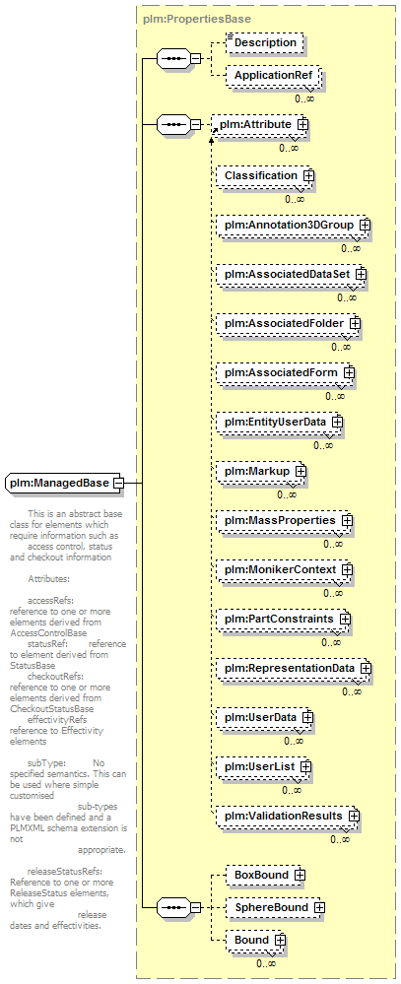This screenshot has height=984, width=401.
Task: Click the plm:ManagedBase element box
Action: coord(65,483)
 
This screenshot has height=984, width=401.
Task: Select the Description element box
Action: coord(265,42)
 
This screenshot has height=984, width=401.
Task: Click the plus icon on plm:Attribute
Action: coord(302,124)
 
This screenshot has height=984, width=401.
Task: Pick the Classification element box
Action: coord(264,175)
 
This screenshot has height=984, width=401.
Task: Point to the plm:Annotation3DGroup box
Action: coord(293,225)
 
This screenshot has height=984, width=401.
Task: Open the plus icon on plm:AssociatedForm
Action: coord(349,372)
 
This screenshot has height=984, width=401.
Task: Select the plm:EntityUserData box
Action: coord(280,422)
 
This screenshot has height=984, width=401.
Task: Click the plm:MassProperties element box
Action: coord(285,520)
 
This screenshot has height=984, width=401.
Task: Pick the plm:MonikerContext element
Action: coord(285,569)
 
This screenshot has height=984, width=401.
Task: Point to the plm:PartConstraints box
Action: coord(284,619)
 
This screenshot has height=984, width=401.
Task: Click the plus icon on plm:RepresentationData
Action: coord(366,668)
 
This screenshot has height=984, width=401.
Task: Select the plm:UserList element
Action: coord(264,766)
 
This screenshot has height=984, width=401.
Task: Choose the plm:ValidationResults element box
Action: coord(288,816)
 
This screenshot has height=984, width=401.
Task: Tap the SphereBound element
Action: coord(276,907)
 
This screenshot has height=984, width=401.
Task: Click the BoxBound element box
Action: coord(266,875)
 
